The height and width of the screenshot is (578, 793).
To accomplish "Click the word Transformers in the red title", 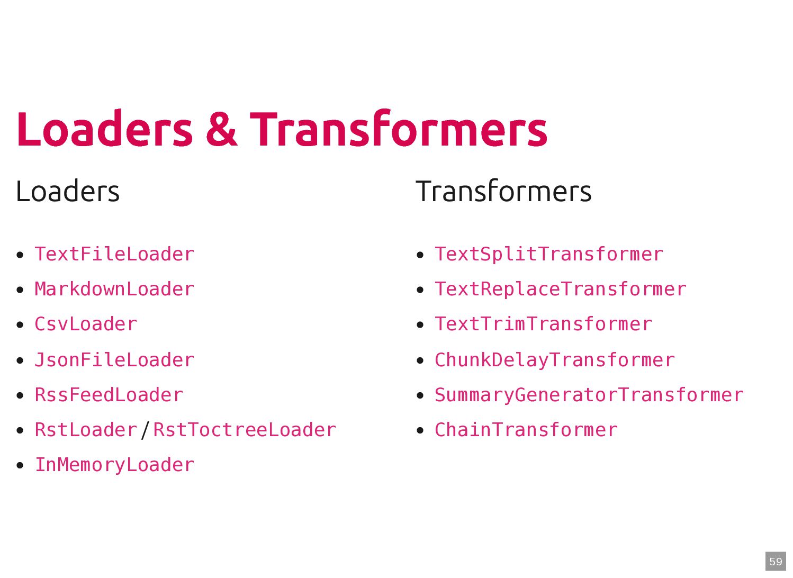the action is click(x=398, y=129).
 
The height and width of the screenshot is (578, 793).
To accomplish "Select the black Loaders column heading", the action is click(x=68, y=192).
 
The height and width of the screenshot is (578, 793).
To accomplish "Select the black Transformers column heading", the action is click(x=503, y=192).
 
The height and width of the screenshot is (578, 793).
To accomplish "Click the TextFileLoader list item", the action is click(x=114, y=255).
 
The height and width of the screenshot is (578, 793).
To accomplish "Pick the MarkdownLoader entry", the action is click(x=114, y=290).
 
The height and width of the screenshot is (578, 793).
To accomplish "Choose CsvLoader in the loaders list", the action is click(x=86, y=324).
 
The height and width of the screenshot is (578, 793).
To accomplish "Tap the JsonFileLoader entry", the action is click(x=114, y=360).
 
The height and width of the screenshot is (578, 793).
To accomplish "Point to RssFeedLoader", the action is click(x=109, y=395).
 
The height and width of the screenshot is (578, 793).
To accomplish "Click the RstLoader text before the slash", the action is click(x=86, y=430).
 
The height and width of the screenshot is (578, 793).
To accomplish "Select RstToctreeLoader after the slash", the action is click(x=244, y=430).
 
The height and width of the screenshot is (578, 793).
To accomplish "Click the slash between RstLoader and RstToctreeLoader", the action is click(x=146, y=430).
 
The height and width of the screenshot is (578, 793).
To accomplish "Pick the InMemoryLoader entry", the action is click(x=114, y=465).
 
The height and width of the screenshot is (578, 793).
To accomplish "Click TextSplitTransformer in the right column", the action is click(x=548, y=255).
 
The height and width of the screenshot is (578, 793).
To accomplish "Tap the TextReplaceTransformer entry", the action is click(x=560, y=290).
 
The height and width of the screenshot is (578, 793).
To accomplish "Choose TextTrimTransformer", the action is click(x=543, y=324).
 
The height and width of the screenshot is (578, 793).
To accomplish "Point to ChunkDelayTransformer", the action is click(x=554, y=360).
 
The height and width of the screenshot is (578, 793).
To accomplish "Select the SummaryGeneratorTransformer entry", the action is click(x=589, y=395).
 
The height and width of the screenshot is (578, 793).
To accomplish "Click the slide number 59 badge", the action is click(x=776, y=562).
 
